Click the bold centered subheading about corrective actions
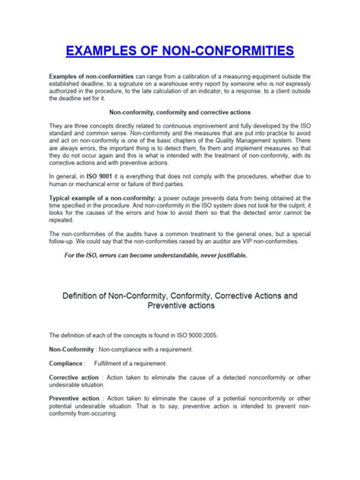click(180, 111)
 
